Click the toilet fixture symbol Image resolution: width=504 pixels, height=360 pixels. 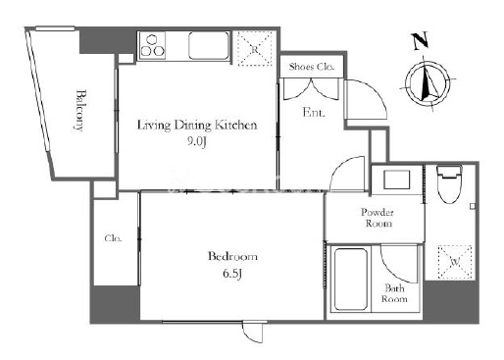(449, 184)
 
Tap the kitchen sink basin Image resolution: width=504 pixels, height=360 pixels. (209, 45)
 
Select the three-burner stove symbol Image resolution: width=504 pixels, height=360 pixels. (152, 45)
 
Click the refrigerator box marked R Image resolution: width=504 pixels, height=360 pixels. (255, 49)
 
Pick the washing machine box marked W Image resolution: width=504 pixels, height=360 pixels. (455, 262)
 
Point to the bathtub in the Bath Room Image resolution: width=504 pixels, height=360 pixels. (350, 280)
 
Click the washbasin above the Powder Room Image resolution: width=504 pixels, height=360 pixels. (396, 180)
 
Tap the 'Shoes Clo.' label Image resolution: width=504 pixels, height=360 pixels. (312, 67)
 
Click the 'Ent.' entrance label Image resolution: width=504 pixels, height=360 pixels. (314, 112)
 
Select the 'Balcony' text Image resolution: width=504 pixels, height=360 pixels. (79, 110)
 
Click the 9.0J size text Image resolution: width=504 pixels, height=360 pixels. (197, 141)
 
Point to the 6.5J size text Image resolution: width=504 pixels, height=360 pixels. (232, 273)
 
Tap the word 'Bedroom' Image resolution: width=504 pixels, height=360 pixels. (232, 256)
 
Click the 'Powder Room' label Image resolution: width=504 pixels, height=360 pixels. (378, 218)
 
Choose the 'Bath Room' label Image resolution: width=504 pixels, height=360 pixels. (394, 293)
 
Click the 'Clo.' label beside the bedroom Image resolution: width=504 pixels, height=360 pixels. (113, 238)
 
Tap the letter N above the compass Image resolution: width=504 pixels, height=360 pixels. (420, 40)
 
